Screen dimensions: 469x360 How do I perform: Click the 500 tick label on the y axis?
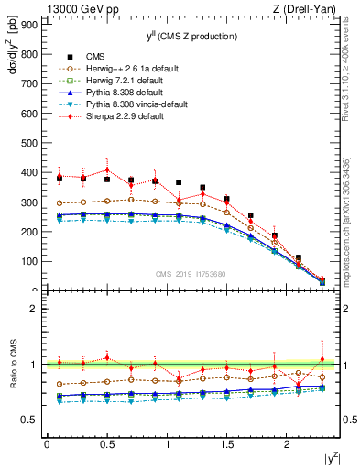(x=28, y=143)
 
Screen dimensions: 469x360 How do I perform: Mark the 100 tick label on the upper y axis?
(x=28, y=261)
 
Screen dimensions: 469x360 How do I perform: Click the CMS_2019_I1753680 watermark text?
(x=192, y=274)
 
